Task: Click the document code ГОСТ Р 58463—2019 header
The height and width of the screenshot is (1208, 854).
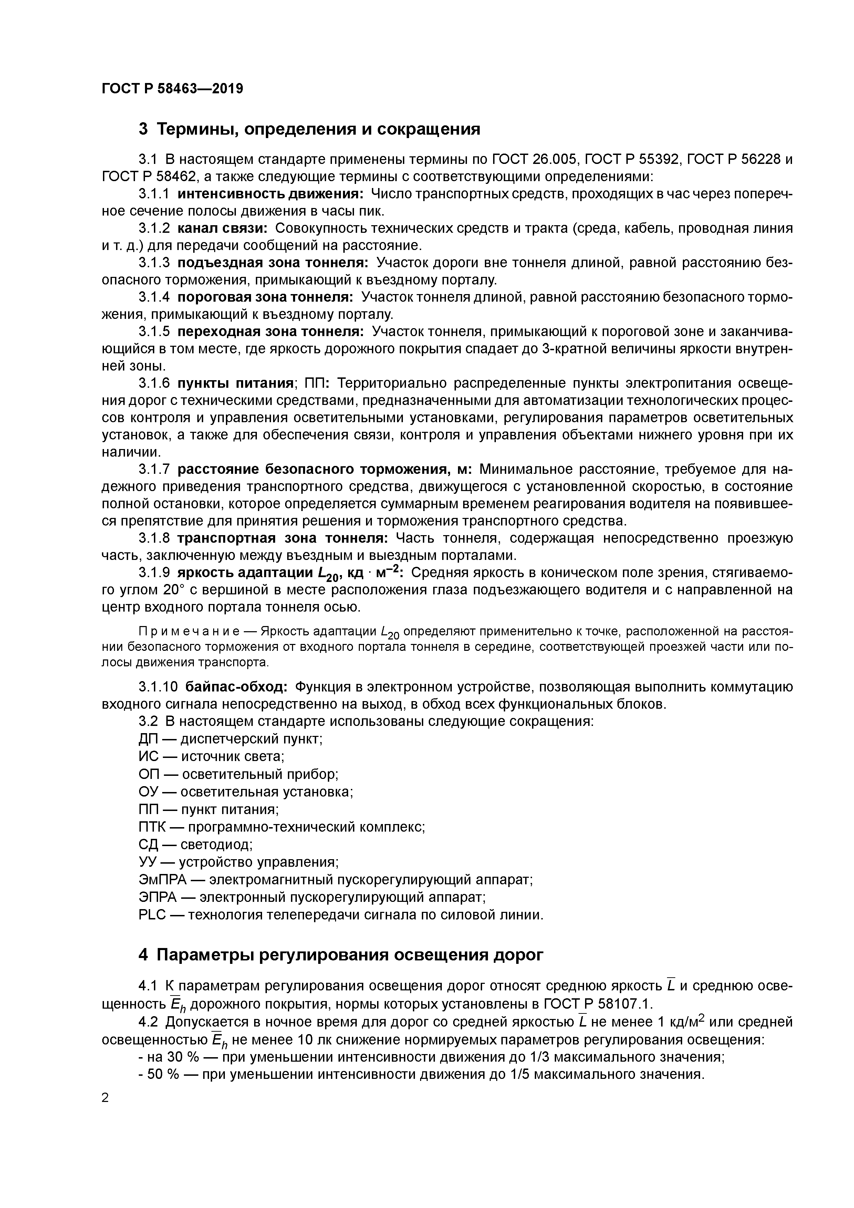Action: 172,88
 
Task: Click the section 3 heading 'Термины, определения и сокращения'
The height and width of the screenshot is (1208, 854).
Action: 318,129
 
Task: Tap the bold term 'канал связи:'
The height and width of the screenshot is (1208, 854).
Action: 222,228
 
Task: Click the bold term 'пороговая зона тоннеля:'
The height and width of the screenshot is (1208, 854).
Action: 265,297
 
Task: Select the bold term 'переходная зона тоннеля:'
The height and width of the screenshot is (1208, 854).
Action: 270,332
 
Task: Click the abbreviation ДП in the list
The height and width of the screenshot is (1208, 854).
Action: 148,739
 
